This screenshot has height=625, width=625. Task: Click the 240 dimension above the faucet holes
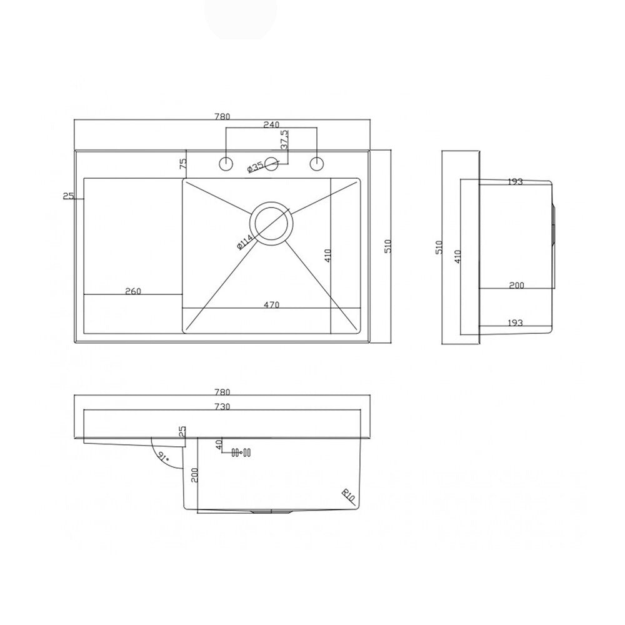271,125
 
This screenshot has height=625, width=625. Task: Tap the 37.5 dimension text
285,139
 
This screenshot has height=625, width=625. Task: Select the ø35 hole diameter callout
255,167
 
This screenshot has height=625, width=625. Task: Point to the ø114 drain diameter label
245,242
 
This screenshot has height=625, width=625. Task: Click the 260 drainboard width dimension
133,291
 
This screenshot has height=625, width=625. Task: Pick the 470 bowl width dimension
271,305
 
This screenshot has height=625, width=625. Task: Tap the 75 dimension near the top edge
183,163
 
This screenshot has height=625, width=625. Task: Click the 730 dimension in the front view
222,407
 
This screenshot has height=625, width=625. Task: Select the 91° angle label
163,457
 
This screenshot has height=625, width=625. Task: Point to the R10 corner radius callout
348,496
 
